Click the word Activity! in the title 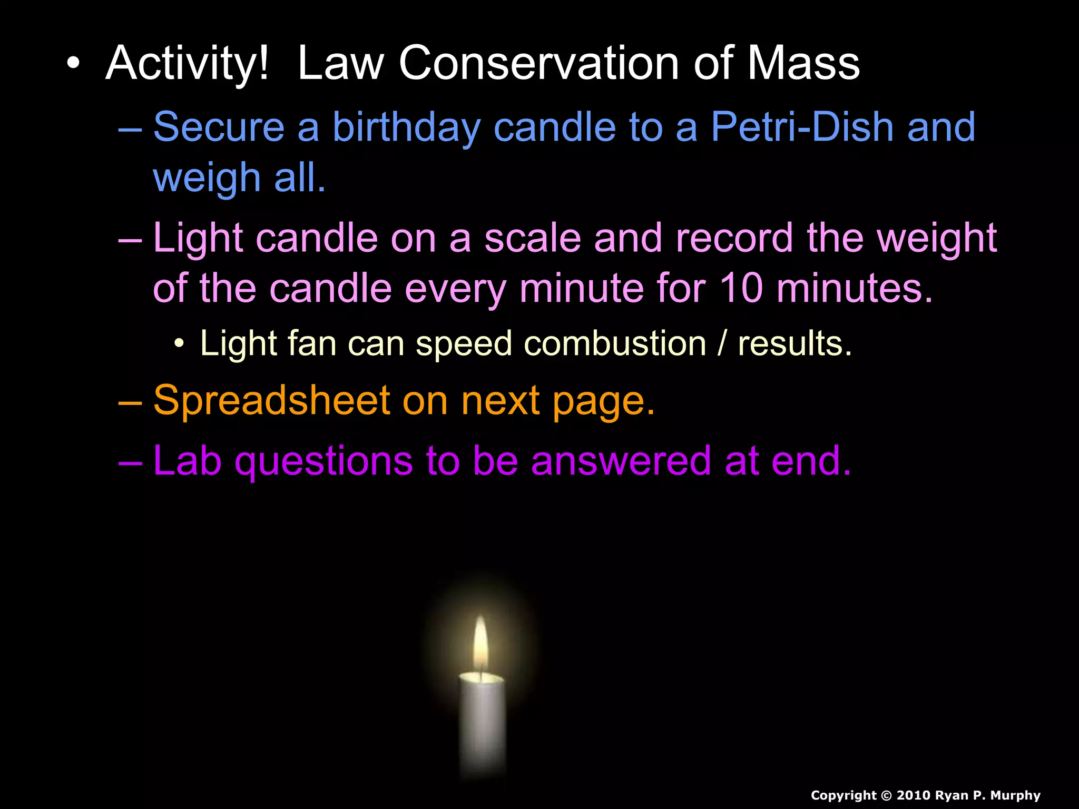click(x=187, y=64)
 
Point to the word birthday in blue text click(x=406, y=128)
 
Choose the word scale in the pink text click(x=533, y=238)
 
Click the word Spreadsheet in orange click(x=272, y=401)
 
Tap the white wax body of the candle click(x=483, y=722)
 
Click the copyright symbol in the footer click(x=886, y=795)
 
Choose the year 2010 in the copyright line click(x=913, y=795)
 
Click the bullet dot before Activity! click(x=73, y=64)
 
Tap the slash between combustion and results click(x=722, y=343)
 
